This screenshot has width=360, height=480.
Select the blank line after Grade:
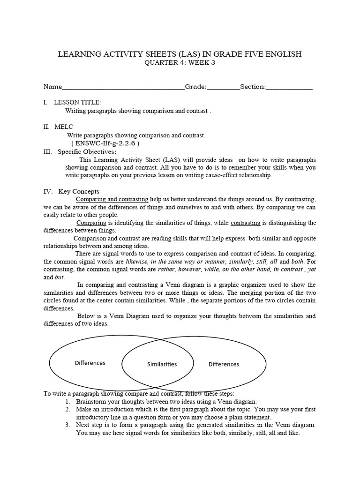tap(223, 88)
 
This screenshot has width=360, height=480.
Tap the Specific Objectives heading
tap(87, 151)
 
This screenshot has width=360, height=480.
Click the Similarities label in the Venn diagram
tap(162, 364)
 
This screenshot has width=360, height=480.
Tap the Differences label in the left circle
tap(90, 363)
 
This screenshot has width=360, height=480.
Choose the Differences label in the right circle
tap(224, 364)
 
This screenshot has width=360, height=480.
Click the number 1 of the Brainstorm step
tap(67, 402)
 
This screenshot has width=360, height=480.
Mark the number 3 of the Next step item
tap(67, 425)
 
